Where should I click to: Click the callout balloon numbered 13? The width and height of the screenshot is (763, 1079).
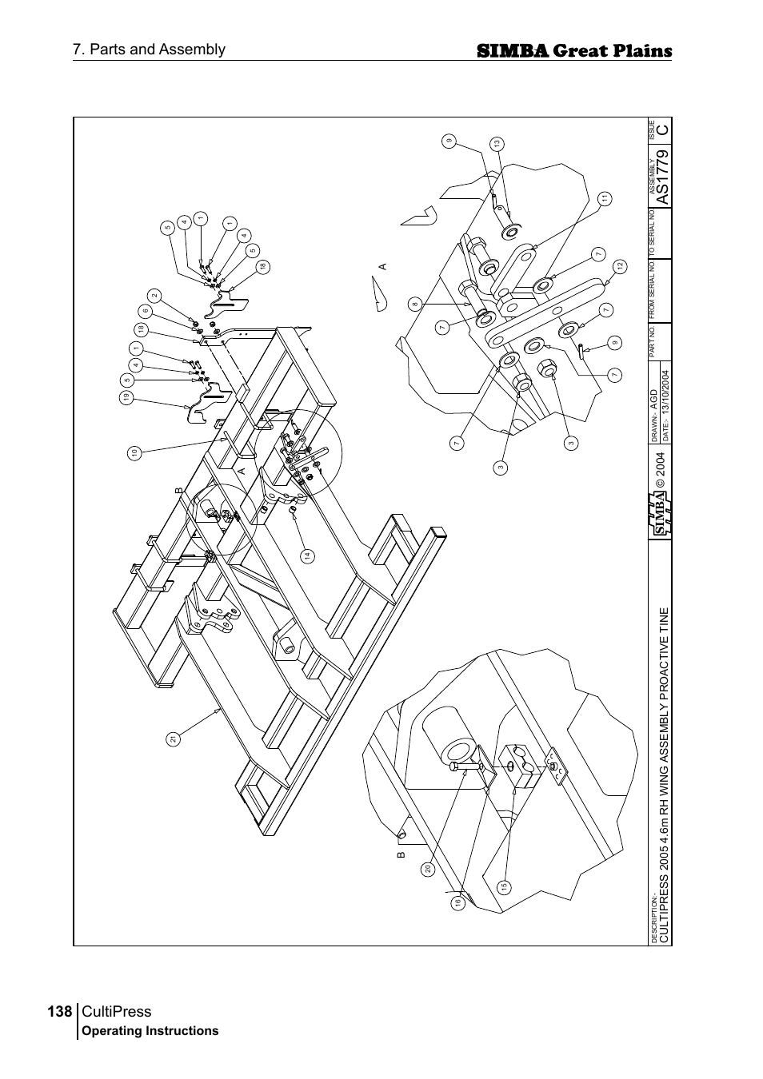click(497, 144)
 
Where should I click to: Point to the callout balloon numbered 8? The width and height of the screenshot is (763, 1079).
click(415, 304)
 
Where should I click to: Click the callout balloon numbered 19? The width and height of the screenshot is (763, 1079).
click(126, 397)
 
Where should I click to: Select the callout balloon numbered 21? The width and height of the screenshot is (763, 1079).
click(172, 739)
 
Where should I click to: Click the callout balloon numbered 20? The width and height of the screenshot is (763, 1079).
click(428, 870)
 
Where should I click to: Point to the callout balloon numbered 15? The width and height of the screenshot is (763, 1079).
click(504, 887)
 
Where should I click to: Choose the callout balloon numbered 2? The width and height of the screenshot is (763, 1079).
click(155, 296)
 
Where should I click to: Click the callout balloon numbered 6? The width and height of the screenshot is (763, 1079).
click(145, 311)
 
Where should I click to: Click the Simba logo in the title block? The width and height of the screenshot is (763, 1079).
click(661, 514)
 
